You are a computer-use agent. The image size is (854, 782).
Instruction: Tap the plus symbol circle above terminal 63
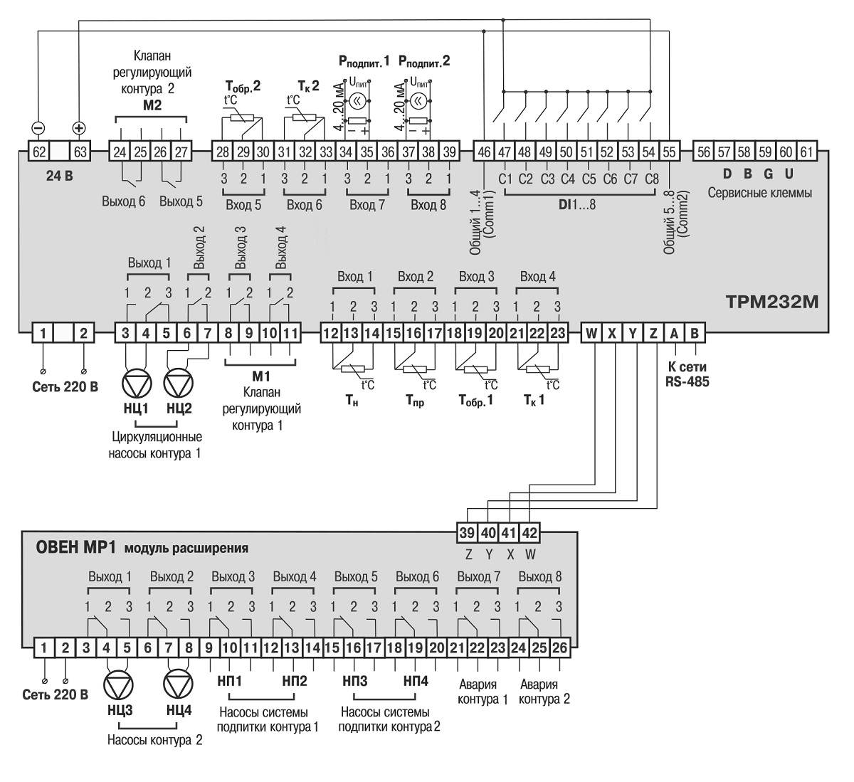click(79, 128)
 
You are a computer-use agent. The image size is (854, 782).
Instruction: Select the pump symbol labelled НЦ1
click(136, 384)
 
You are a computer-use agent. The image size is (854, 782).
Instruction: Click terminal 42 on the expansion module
click(530, 532)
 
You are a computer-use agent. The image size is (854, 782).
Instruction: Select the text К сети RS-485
click(687, 375)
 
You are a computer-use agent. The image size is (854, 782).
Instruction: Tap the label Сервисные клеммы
click(759, 193)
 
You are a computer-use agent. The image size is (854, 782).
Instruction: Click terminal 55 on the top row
click(669, 151)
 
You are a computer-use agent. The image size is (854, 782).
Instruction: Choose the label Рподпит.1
click(364, 62)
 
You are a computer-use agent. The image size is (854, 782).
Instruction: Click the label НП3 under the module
click(354, 681)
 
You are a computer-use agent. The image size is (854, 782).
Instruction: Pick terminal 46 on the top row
click(483, 151)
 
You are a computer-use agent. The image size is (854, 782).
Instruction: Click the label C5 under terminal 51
click(589, 179)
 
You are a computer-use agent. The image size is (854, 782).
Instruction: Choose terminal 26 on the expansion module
click(559, 648)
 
